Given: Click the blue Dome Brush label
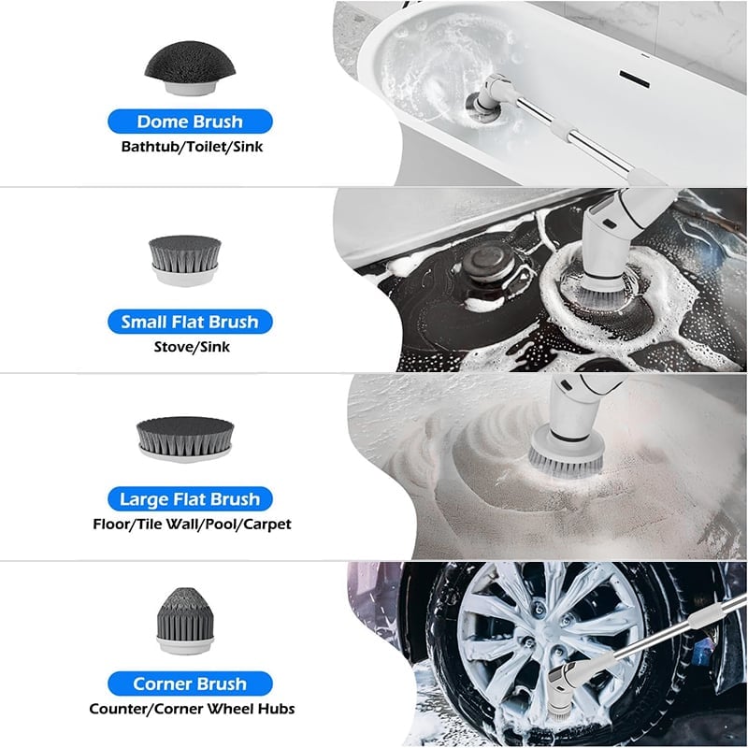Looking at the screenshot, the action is [x=190, y=122].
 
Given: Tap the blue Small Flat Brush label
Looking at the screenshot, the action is [x=190, y=322].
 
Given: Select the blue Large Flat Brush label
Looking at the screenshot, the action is [x=190, y=499].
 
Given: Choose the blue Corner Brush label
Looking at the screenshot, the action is [x=190, y=683].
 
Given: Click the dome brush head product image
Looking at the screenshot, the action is [x=190, y=67].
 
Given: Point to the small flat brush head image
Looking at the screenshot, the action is [x=184, y=260].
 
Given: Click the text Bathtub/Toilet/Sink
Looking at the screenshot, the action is [x=192, y=147].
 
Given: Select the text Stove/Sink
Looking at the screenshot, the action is [x=192, y=347].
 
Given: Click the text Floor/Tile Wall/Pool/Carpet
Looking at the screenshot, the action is [x=192, y=525].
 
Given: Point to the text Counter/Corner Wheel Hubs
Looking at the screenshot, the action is [x=192, y=709].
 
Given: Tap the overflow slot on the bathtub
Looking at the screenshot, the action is [x=635, y=79].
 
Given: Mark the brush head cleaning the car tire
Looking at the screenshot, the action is [x=559, y=718].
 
